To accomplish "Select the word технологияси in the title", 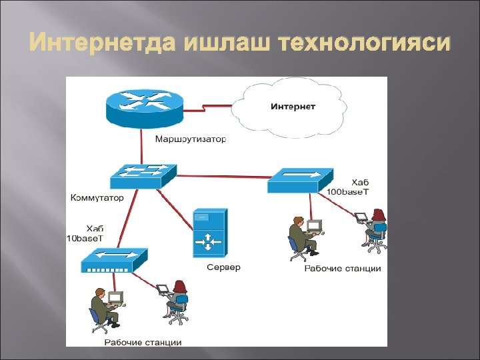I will click(365, 44).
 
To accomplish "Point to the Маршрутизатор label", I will click(191, 140).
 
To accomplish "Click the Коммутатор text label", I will click(97, 198).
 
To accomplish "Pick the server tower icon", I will click(210, 233).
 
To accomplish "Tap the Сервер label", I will click(223, 267).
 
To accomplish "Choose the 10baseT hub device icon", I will click(113, 259).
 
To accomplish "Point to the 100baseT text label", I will click(347, 191).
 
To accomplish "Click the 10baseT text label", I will click(85, 238).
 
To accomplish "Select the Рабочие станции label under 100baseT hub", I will click(343, 269).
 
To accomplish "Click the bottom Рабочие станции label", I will click(143, 343).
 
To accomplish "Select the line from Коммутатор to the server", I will click(175, 207).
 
